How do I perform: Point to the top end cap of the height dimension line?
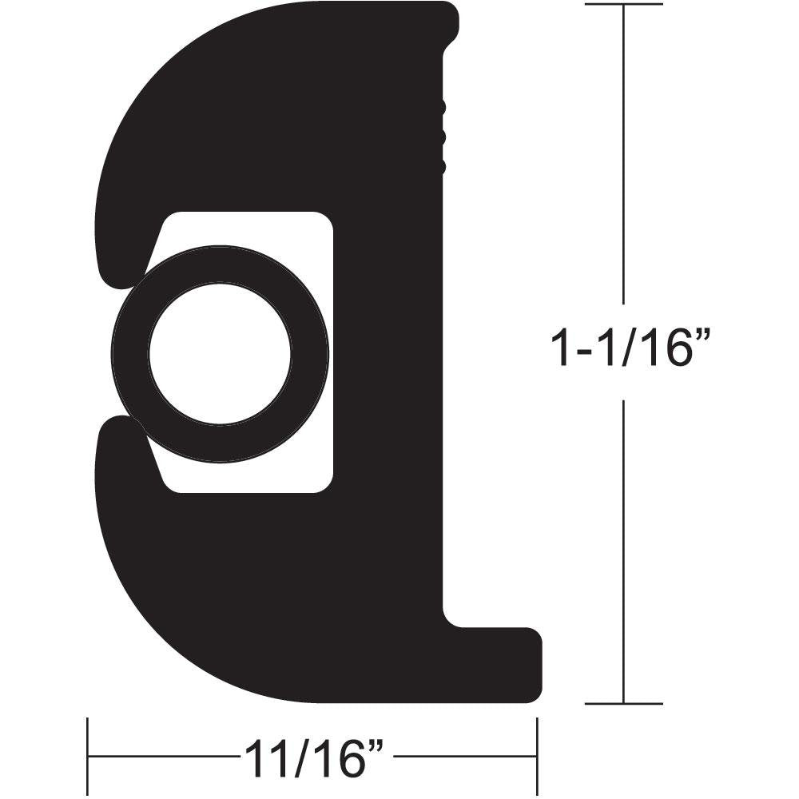tap(623, 5)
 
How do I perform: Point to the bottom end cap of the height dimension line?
tap(623, 703)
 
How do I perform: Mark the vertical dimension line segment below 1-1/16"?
tap(623, 551)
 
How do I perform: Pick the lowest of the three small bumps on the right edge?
tap(441, 166)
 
